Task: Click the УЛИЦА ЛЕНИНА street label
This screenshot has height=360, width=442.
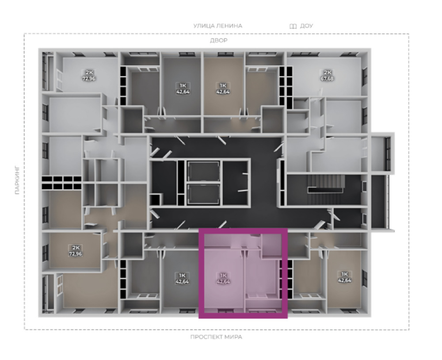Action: pos(217,26)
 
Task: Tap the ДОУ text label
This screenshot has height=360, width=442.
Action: pos(306,26)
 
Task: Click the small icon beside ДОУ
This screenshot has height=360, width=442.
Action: pos(293,26)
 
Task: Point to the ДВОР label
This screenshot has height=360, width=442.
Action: pos(218,41)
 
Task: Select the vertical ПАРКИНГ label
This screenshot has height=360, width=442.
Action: pos(18,180)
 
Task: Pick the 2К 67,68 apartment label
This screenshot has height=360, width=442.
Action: pos(327,76)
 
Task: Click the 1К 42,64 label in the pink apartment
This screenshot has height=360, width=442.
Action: pos(223,278)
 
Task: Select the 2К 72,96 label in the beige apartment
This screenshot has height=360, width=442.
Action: pos(76,250)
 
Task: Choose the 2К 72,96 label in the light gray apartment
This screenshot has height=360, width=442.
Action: pos(88,75)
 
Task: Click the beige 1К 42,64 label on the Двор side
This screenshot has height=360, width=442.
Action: pos(223,88)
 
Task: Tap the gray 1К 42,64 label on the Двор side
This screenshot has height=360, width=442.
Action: pos(183,88)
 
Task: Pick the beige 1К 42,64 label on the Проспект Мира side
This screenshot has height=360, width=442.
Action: pos(344,277)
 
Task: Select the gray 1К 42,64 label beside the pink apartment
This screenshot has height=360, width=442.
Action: pos(182,278)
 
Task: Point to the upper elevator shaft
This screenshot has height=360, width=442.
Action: pos(203,172)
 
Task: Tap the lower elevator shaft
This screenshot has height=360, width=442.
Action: pos(203,195)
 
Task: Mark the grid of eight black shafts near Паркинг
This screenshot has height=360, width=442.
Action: pos(61,183)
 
